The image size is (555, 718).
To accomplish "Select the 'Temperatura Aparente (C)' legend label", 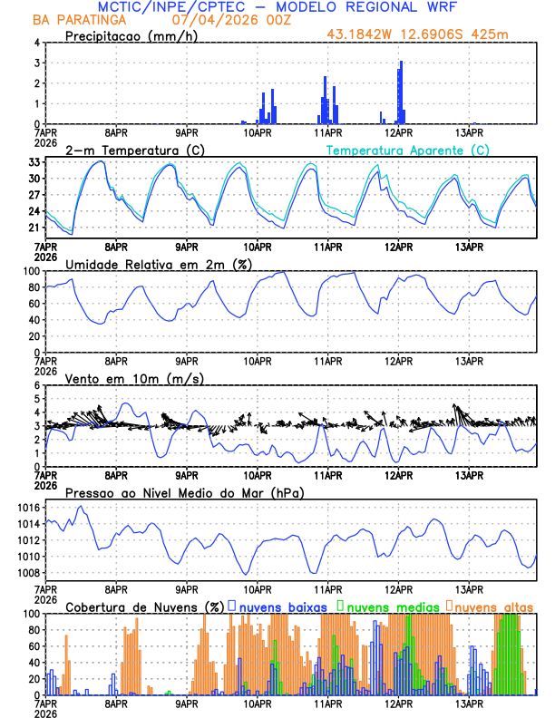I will pyautogui.click(x=408, y=150).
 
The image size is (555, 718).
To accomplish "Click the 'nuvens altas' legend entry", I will pyautogui.click(x=494, y=606).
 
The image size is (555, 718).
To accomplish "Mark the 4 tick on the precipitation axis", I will pyautogui.click(x=37, y=43).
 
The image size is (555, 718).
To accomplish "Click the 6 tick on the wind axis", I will pyautogui.click(x=37, y=385).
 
